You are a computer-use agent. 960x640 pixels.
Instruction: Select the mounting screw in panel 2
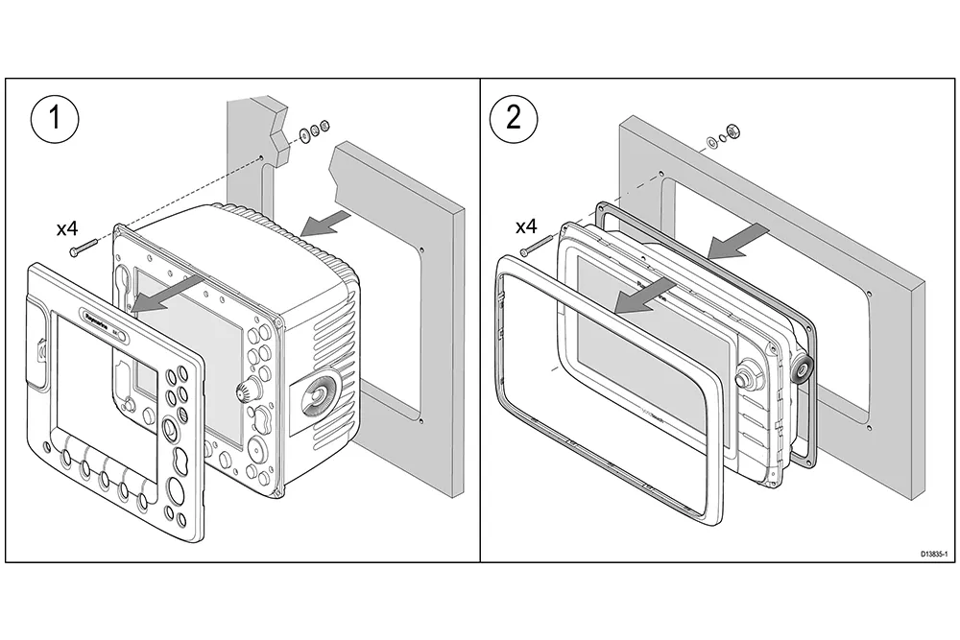point(532,249)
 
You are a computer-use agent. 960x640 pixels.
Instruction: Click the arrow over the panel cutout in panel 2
point(739,240)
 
